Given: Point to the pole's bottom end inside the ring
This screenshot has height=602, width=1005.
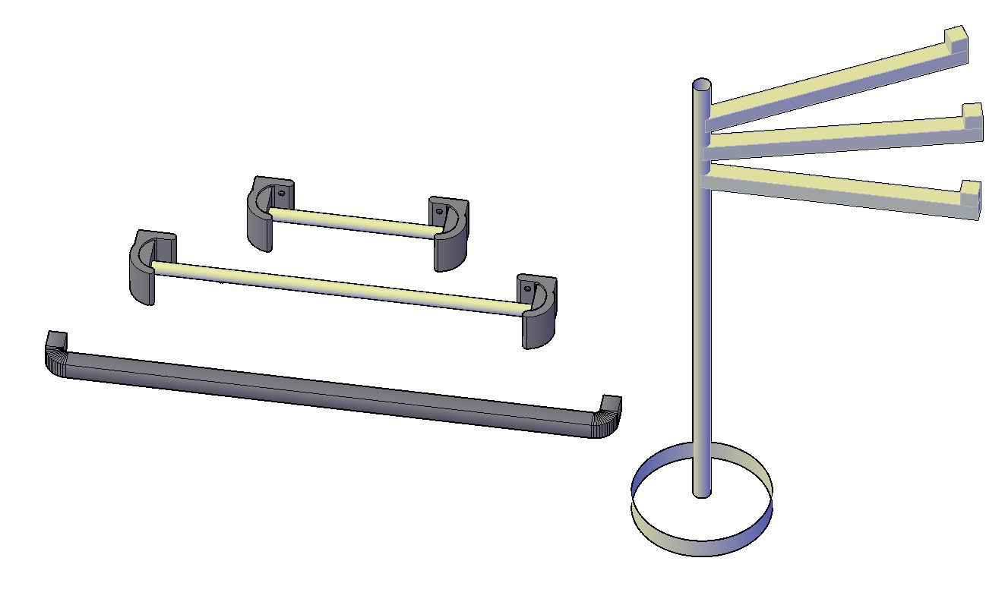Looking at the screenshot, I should [x=703, y=491].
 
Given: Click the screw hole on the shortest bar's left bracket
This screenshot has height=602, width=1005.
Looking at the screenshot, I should [x=282, y=194].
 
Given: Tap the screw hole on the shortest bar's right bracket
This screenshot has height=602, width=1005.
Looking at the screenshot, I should [x=439, y=211].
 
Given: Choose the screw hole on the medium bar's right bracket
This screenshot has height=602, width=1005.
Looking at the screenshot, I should [x=529, y=288].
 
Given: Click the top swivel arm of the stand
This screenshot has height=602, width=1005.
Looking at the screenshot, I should [x=828, y=84].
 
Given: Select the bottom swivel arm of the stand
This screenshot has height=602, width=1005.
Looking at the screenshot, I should [x=836, y=190].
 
